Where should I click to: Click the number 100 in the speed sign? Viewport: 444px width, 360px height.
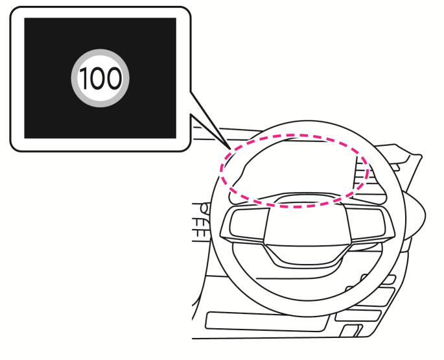100,78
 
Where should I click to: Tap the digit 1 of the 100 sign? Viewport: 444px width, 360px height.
83,78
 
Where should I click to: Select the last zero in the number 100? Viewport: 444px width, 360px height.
114,78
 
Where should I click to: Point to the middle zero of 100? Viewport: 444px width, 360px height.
97,78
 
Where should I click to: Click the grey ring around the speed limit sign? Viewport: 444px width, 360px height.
100,52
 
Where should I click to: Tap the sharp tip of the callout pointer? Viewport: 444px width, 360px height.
231,149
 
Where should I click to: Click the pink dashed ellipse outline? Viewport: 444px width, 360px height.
294,135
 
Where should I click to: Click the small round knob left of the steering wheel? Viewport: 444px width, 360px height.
204,208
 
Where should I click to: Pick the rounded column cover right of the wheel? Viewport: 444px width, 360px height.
415,213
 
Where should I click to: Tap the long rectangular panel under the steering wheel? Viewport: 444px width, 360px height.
266,322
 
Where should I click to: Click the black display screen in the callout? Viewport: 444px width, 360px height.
100,78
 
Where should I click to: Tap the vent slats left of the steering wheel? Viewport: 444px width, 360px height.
200,228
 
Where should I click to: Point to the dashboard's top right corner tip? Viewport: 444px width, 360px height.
421,156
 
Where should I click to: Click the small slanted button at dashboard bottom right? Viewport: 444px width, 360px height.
351,331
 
